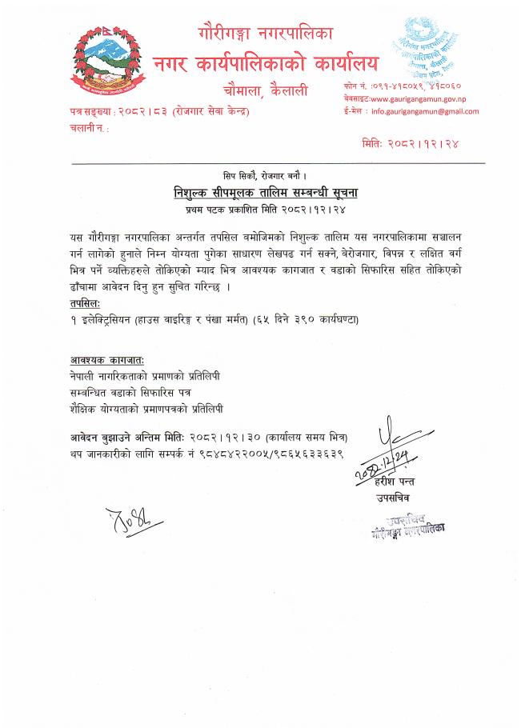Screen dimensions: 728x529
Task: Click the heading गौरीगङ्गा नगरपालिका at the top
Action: click(x=264, y=34)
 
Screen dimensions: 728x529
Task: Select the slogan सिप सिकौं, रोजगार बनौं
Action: click(x=264, y=174)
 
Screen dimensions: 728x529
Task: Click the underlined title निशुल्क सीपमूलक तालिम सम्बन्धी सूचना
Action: click(x=264, y=193)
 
